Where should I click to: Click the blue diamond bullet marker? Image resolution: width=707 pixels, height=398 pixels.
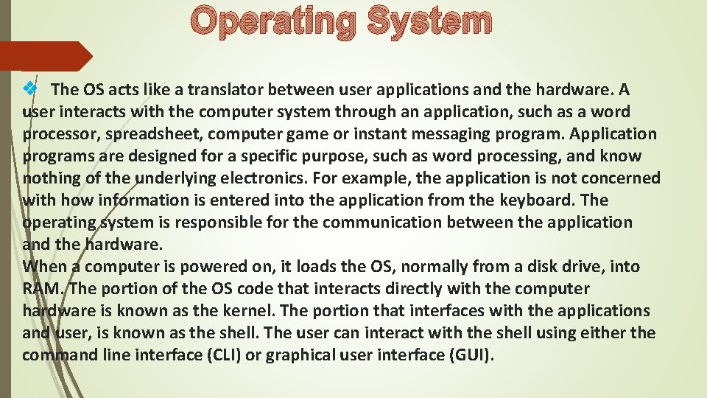coord(30,89)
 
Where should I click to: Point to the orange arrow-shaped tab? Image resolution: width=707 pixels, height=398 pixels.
coord(44,56)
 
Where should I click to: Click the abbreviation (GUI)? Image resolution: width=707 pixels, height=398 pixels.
coord(472,355)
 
